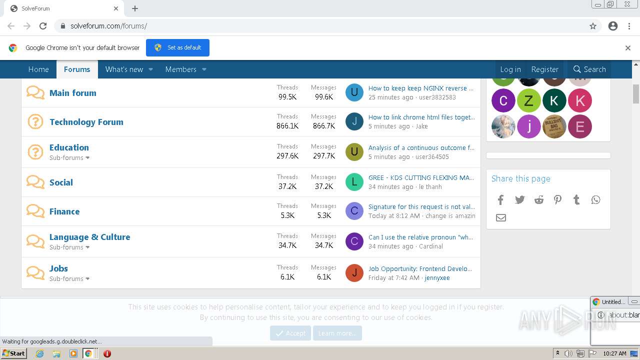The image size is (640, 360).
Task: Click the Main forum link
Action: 72,93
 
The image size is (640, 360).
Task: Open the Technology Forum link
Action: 86,122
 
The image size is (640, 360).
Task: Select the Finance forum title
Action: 64,211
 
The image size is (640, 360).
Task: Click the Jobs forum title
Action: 58,268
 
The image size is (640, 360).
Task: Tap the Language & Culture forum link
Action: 89,237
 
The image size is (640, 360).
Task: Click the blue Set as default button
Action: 177,47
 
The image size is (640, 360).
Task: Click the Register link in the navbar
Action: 544,69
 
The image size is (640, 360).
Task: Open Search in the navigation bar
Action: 589,69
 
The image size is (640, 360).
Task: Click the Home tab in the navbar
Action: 38,69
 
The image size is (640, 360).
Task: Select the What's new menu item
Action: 124,69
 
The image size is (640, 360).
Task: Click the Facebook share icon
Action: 500,200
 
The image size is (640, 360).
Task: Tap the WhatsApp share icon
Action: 595,200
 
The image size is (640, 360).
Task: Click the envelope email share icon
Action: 500,217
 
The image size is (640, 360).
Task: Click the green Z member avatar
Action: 528,101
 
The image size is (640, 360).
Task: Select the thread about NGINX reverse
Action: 420,88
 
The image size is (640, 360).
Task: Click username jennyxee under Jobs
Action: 437,278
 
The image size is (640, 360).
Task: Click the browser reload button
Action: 43,26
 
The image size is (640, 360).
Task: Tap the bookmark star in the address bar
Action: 593,26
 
